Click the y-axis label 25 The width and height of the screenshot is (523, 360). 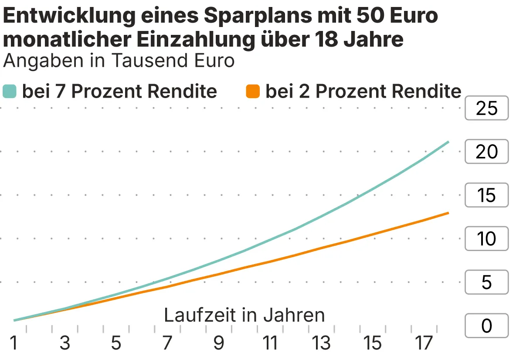[486, 108]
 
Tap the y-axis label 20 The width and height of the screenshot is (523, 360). [486, 152]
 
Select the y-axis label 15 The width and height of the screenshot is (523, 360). [486, 195]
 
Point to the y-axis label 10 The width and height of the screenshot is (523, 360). [486, 239]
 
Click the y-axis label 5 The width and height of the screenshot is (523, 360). [486, 282]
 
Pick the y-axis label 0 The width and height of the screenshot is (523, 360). [486, 326]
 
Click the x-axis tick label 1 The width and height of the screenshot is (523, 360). [14, 343]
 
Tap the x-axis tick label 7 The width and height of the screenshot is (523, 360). [167, 343]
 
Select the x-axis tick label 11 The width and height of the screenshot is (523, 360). [270, 343]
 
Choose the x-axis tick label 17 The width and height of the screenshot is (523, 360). [423, 343]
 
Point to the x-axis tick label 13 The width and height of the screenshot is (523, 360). [321, 343]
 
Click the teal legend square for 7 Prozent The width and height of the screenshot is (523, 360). [10, 92]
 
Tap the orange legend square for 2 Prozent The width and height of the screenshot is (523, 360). [253, 92]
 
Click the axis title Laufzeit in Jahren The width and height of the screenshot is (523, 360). [245, 315]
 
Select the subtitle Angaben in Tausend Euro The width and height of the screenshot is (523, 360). [119, 61]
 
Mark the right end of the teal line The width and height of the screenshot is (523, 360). [448, 142]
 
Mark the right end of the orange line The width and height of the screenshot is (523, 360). [448, 213]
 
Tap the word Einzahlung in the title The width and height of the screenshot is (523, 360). [195, 40]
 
